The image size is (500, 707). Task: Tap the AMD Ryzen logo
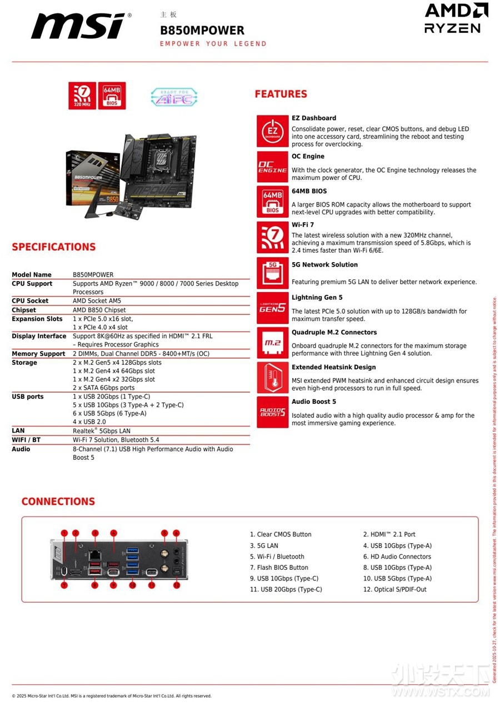[456, 18]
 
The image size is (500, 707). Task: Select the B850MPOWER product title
[202, 30]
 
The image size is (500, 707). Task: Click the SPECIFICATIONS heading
[54, 247]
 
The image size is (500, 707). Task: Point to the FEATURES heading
[281, 94]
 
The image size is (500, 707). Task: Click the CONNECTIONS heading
[58, 502]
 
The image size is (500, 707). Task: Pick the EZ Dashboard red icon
[272, 131]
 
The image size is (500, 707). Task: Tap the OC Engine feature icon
[272, 166]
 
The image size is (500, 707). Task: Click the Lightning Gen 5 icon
[272, 308]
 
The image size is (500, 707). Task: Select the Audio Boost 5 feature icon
[272, 412]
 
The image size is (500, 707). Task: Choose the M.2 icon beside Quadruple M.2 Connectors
[272, 343]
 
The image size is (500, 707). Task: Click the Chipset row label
[24, 310]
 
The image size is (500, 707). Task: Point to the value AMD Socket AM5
[97, 301]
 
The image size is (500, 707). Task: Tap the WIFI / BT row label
[26, 440]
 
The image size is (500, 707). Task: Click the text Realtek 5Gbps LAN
[102, 431]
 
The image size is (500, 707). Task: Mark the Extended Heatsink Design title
[333, 367]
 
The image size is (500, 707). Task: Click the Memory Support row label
[38, 354]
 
